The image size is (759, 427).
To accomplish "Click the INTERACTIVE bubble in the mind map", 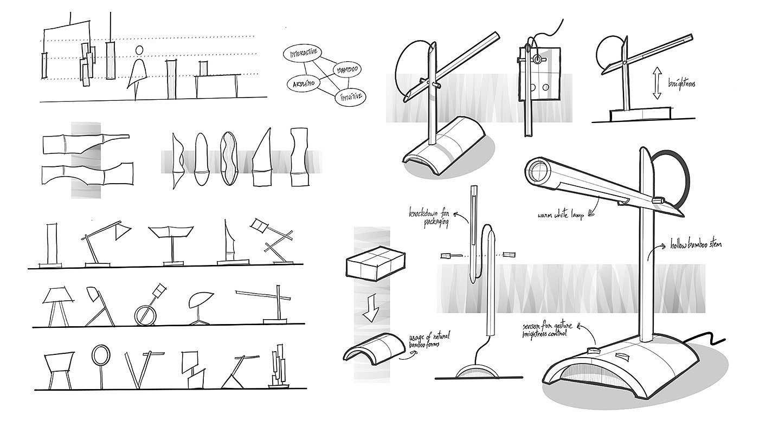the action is pos(303,55).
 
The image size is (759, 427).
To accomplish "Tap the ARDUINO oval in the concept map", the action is pos(301,83).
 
